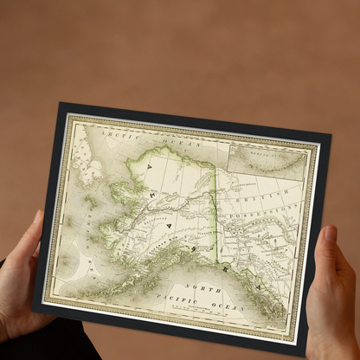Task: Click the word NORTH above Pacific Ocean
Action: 210,290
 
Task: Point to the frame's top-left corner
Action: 60,105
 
